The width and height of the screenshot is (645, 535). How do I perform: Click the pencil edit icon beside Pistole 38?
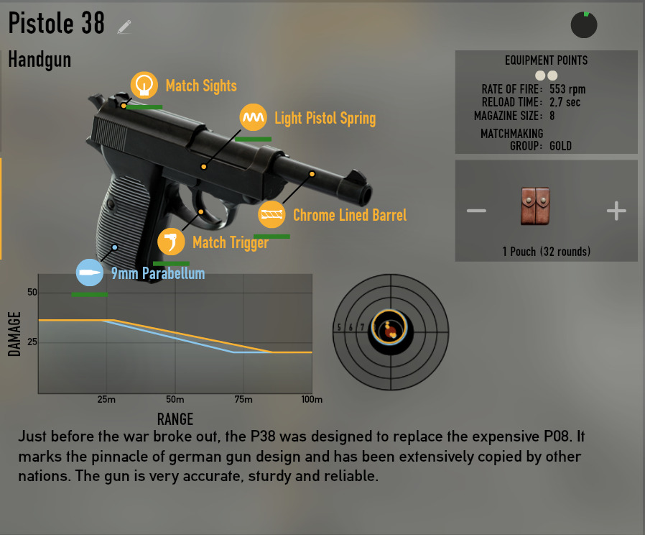tap(124, 27)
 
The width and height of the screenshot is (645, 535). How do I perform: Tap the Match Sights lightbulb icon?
tap(144, 85)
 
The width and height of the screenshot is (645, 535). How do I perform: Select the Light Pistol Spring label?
tap(325, 118)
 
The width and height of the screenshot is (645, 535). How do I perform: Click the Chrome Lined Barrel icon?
tap(272, 214)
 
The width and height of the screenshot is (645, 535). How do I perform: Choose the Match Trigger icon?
tap(171, 242)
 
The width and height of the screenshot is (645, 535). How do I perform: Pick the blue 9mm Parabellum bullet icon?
tap(91, 273)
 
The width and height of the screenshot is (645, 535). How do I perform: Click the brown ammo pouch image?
tap(535, 206)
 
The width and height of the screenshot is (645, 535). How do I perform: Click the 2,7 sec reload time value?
tap(565, 102)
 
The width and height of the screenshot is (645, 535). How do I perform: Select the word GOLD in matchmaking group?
tap(560, 145)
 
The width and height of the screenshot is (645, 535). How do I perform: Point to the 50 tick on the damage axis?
tap(32, 293)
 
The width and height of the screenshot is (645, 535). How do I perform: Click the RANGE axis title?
tap(175, 418)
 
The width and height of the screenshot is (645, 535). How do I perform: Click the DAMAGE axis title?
tap(14, 334)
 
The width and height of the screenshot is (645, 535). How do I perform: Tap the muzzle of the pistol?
tap(367, 193)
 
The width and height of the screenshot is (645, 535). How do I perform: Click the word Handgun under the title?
tap(40, 59)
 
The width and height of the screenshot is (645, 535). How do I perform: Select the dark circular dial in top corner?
tap(584, 24)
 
